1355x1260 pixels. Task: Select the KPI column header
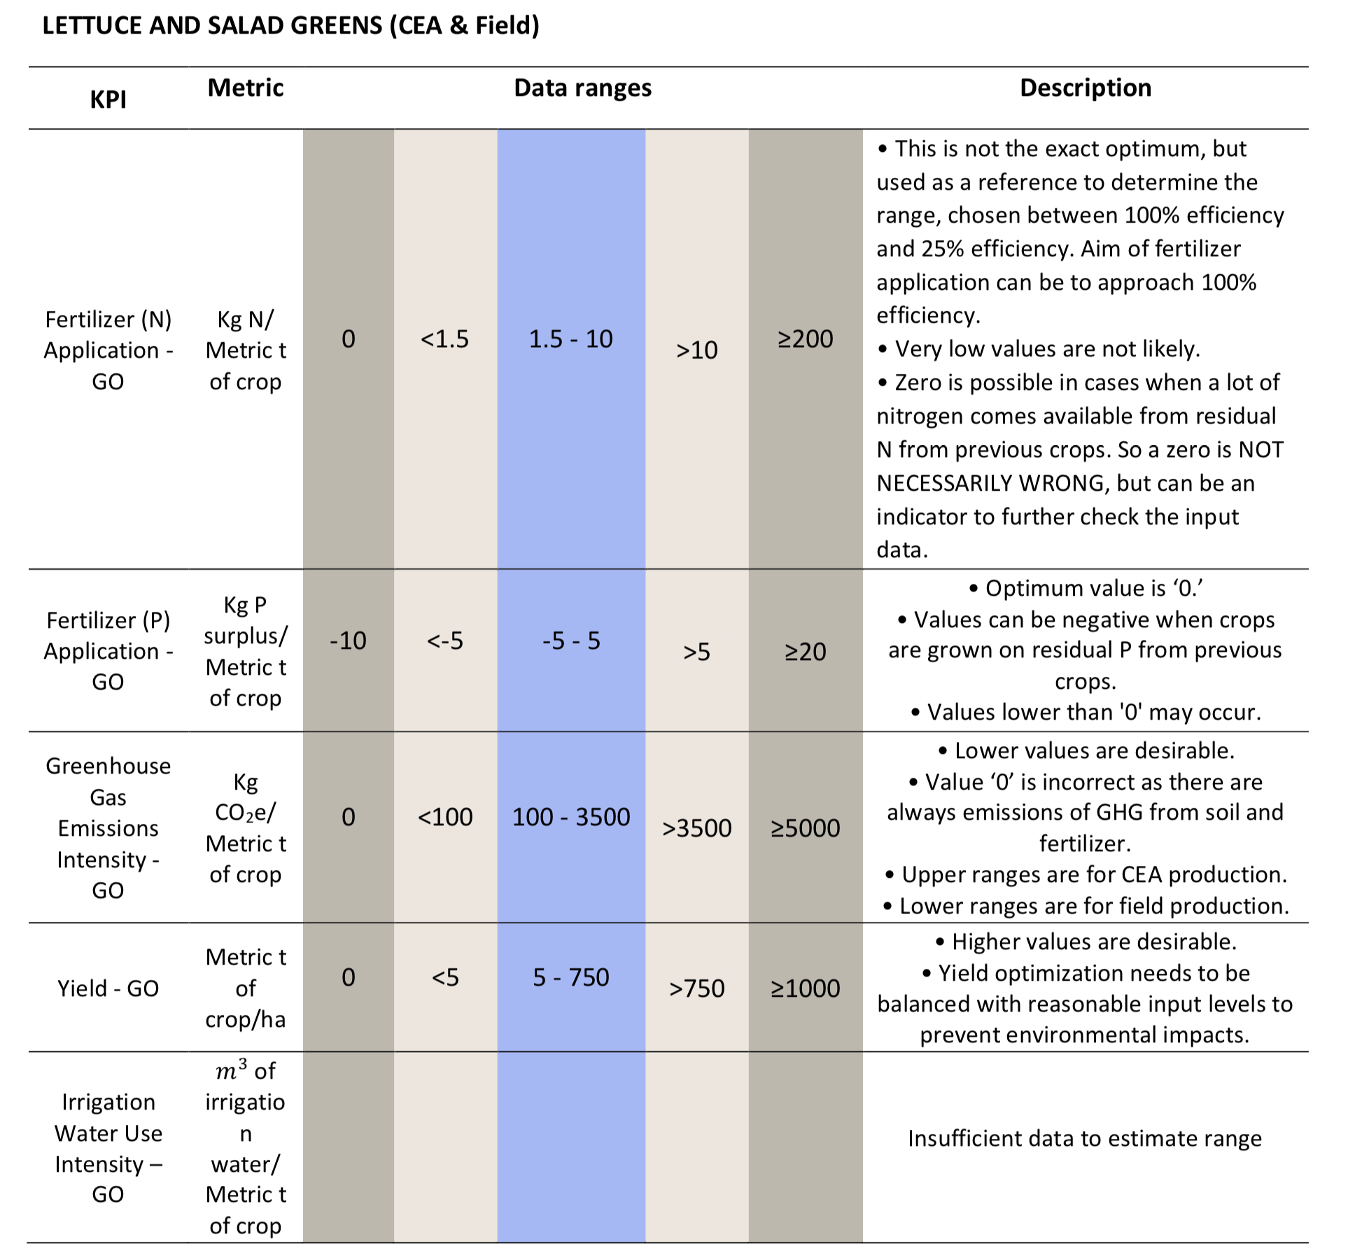108,99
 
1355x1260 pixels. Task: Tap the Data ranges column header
582,88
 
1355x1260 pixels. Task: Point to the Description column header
1086,88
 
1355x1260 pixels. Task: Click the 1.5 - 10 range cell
570,339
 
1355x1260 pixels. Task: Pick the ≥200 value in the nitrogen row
805,339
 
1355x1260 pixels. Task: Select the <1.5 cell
444,339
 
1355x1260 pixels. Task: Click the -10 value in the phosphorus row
348,640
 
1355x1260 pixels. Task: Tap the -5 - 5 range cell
571,640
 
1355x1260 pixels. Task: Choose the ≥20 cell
805,652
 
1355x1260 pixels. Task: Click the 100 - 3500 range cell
571,817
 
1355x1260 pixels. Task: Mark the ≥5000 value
805,828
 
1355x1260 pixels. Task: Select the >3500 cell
696,828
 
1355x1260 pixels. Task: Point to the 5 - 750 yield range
571,977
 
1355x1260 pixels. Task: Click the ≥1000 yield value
805,988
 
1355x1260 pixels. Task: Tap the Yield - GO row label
108,988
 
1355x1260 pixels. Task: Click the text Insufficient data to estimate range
1085,1139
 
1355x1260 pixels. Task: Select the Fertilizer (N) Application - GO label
108,350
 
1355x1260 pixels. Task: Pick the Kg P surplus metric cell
246,651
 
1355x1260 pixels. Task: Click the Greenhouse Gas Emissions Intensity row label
108,828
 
